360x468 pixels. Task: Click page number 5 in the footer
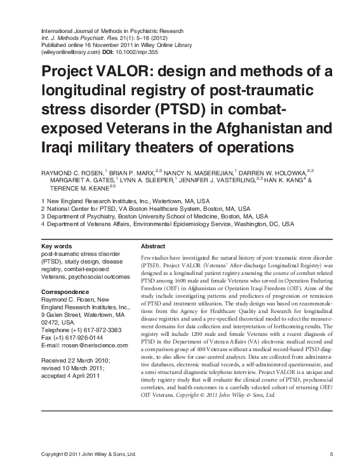331,455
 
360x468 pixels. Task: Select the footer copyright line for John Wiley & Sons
88,455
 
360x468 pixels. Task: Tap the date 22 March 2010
90,360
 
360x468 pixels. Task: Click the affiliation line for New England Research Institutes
121,200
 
